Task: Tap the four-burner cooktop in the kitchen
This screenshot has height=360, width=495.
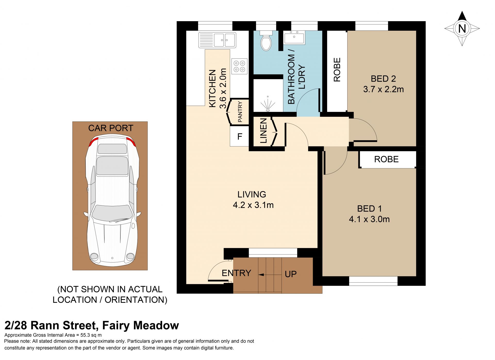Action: click(239, 66)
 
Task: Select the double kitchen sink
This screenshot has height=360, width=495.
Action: click(217, 40)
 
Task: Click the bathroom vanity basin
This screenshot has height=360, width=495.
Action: click(294, 37)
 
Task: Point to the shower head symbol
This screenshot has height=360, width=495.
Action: click(268, 104)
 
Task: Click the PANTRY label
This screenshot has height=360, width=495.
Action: click(240, 112)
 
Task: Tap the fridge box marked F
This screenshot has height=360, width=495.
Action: click(240, 136)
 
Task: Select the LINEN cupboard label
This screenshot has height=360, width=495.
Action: click(263, 130)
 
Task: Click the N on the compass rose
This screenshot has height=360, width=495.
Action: click(462, 28)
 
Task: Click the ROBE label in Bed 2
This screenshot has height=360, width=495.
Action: click(337, 70)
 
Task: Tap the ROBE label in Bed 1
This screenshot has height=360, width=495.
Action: click(386, 159)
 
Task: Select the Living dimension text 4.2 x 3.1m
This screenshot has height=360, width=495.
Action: click(253, 205)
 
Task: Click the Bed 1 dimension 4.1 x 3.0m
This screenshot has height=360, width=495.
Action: click(369, 219)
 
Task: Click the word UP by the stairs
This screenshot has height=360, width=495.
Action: click(291, 274)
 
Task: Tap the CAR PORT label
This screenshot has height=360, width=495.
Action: click(111, 128)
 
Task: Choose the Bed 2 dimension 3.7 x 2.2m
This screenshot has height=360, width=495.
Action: click(383, 89)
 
